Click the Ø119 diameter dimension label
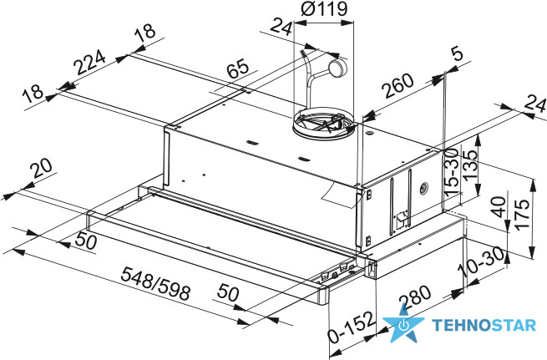point(324,8)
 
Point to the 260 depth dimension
point(398,85)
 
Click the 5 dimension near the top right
point(457,54)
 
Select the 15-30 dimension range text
point(452,172)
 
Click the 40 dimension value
point(499,206)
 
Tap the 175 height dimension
point(522,214)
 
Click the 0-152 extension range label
point(352,327)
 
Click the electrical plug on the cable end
point(337,68)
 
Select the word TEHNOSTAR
point(484,326)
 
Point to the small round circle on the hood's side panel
point(423,189)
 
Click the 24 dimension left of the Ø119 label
point(281,27)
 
